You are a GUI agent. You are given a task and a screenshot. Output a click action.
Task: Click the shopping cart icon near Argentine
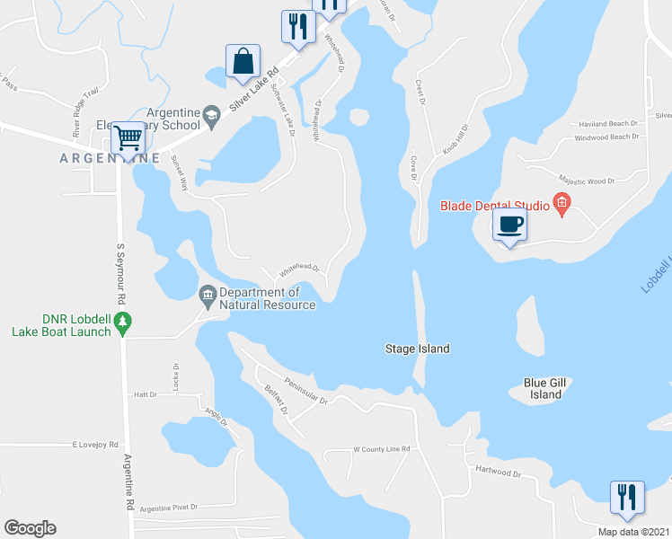[129, 138]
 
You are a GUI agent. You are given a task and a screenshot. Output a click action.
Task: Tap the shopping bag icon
[243, 61]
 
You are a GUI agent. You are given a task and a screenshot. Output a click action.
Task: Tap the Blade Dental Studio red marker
[561, 204]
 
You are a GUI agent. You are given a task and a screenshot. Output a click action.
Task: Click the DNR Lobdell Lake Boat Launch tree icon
[125, 321]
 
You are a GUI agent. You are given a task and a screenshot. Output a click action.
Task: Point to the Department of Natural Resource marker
[208, 294]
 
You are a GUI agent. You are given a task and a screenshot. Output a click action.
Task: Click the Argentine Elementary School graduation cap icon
[211, 112]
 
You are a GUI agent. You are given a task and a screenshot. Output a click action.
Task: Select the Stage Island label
[417, 349]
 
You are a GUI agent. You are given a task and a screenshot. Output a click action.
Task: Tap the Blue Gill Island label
[545, 388]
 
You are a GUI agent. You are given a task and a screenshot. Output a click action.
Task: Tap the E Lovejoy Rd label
[96, 445]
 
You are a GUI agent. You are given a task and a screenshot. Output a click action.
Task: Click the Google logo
[30, 528]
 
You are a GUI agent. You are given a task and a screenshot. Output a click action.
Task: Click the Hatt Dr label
[145, 394]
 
